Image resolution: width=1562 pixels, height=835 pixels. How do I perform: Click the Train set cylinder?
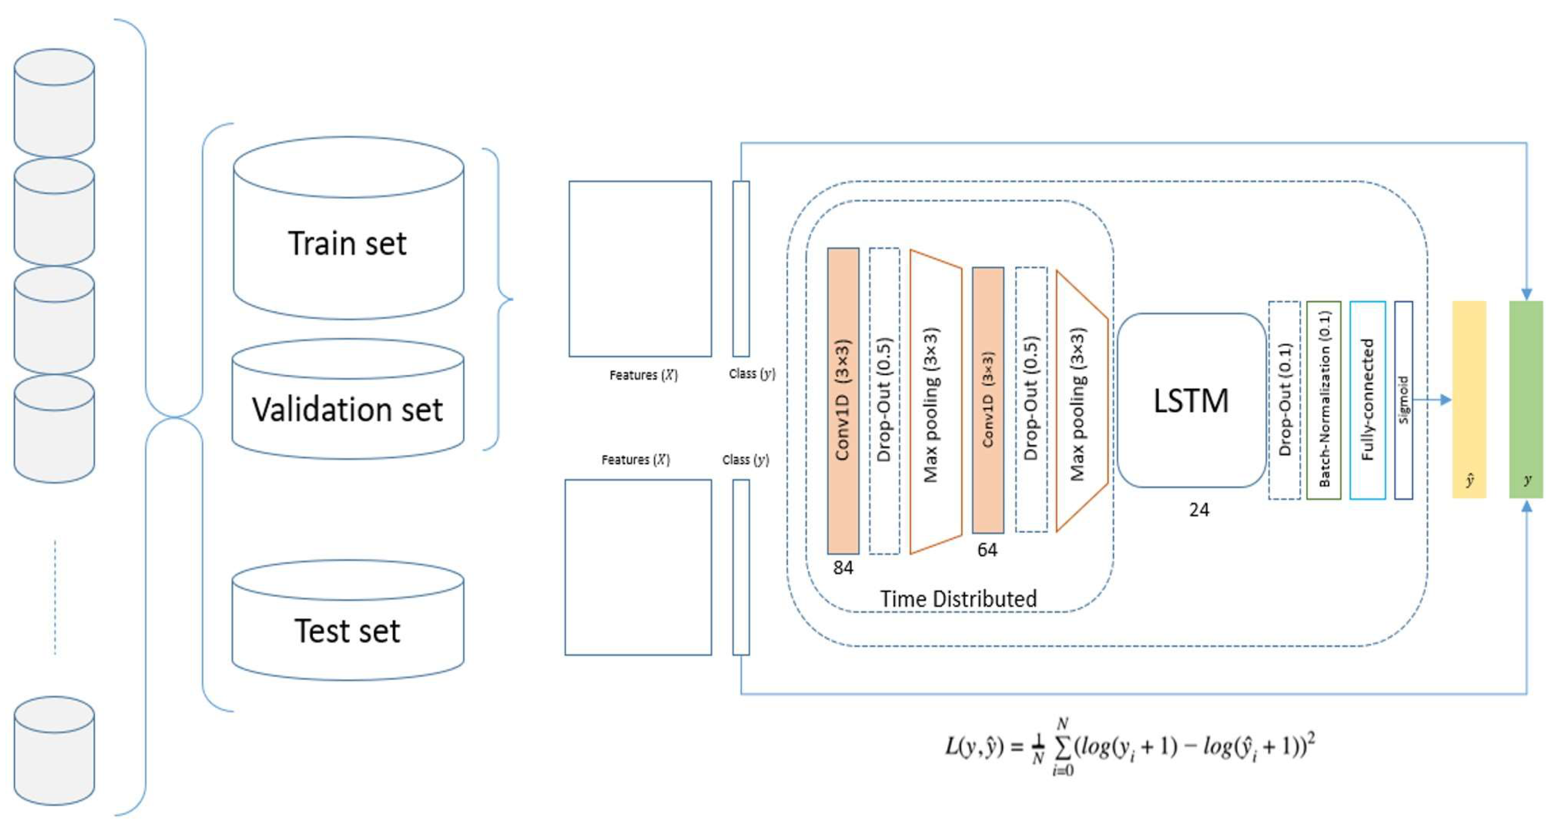click(349, 228)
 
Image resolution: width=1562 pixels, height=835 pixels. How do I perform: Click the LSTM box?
click(1191, 400)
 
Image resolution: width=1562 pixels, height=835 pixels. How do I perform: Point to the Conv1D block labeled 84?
click(843, 400)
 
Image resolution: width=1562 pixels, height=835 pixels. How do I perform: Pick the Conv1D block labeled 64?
click(988, 400)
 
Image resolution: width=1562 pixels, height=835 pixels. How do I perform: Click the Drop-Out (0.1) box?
click(1284, 400)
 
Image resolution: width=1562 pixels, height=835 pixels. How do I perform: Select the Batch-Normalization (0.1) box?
click(1324, 400)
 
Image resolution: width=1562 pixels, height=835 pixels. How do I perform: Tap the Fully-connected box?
click(1367, 400)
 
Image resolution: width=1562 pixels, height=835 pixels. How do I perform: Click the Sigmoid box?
click(1404, 400)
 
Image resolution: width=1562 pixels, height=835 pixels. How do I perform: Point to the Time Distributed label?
click(958, 599)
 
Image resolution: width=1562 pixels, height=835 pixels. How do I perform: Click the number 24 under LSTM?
click(1199, 510)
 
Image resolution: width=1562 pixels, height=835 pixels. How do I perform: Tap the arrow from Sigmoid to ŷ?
click(1432, 400)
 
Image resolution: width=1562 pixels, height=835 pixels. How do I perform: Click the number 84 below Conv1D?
click(843, 568)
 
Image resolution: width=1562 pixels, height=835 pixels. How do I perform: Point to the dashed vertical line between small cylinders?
click(55, 597)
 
